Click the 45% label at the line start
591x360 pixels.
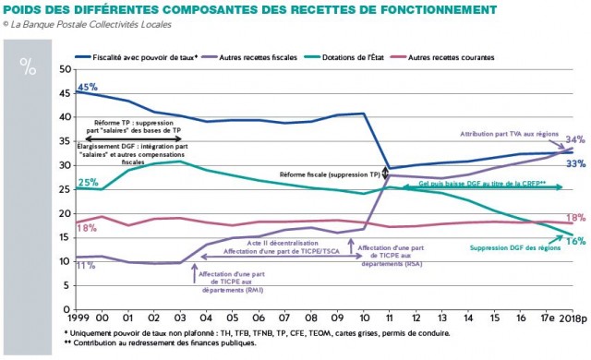(x=87, y=87)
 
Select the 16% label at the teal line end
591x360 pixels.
(x=574, y=241)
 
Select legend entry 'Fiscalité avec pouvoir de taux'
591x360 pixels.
(x=149, y=57)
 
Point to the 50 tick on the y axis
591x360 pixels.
(x=64, y=69)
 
